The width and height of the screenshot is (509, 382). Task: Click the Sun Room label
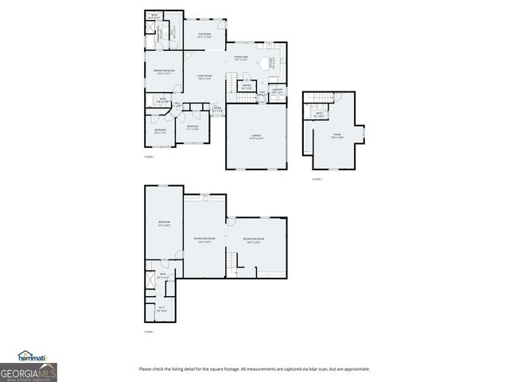[x=204, y=35]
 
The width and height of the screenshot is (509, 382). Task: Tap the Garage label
[x=257, y=137]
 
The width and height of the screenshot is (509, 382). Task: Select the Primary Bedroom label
[x=163, y=72]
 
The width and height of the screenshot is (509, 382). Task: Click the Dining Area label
[x=242, y=58]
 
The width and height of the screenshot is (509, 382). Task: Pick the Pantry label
[x=247, y=86]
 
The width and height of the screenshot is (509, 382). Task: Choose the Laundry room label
[x=277, y=91]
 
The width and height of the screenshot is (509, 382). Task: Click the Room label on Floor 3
[x=336, y=135]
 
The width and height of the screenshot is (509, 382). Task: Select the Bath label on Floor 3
[x=318, y=114]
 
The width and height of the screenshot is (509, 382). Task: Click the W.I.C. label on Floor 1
[x=161, y=311]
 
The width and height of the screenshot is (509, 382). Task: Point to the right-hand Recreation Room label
[x=254, y=240]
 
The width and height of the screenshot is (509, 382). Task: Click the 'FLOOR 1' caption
[x=149, y=331]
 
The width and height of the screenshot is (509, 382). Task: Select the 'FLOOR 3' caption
[x=317, y=180]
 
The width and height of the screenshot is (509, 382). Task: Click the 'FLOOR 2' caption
[x=149, y=157]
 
